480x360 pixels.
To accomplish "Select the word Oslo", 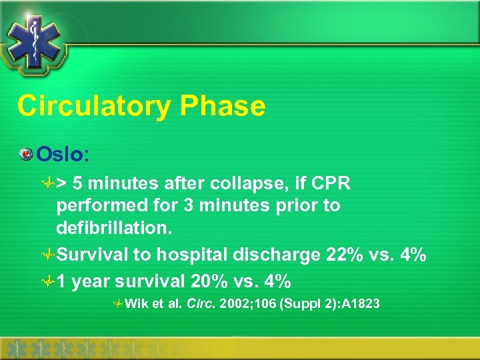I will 60,154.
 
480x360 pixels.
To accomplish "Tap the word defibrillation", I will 114,228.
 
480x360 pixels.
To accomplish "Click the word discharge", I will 285,255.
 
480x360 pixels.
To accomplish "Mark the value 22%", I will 350,255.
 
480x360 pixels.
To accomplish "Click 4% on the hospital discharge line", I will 413,255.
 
